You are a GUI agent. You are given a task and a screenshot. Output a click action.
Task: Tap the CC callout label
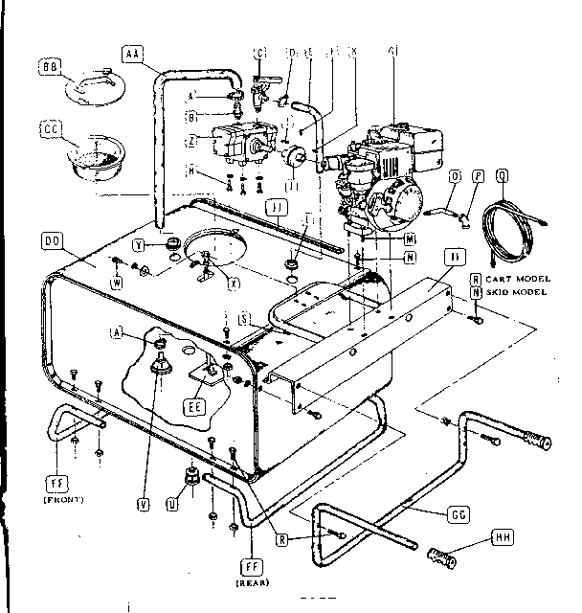[x=51, y=129]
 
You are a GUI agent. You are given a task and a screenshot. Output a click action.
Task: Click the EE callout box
[x=192, y=406]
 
